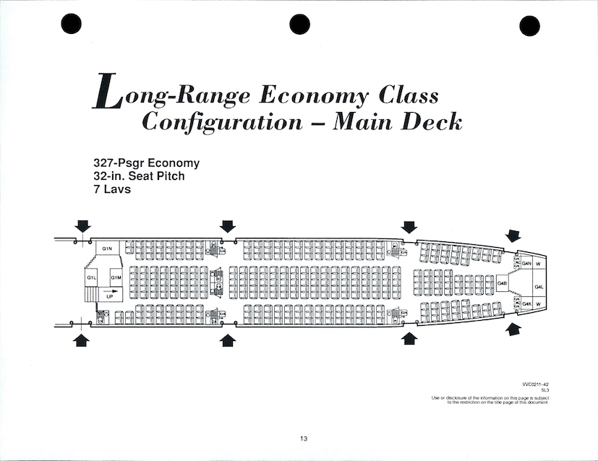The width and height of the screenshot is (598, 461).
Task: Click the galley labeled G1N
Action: click(x=106, y=249)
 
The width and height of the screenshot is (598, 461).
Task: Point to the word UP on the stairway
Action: click(x=110, y=296)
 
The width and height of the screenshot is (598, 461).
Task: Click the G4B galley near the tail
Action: click(x=503, y=284)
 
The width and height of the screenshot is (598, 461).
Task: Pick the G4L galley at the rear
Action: click(x=539, y=287)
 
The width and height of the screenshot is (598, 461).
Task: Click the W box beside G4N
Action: click(x=539, y=263)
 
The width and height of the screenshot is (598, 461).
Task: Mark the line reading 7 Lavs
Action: click(x=102, y=189)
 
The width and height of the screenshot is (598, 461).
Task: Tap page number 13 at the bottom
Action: click(x=304, y=438)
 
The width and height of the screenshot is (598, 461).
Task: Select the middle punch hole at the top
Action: click(x=300, y=24)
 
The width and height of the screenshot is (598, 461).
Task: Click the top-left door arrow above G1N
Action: click(x=82, y=226)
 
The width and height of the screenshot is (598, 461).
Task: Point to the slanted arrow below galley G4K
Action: click(x=513, y=330)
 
